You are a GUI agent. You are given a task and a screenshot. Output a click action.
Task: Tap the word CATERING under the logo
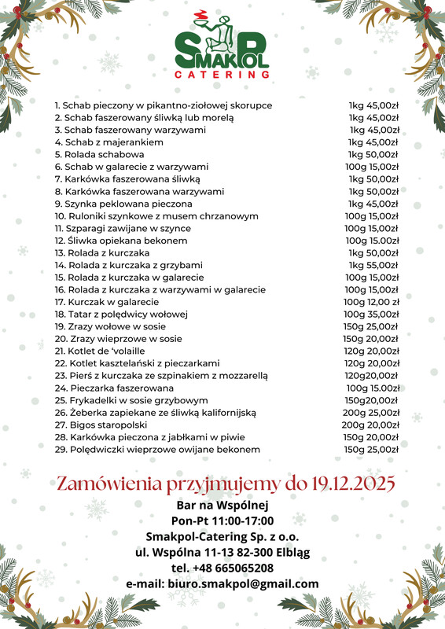click(222, 75)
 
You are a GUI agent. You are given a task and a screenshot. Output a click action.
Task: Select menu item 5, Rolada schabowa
click(99, 155)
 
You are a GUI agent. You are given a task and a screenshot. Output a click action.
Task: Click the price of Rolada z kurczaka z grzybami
click(374, 265)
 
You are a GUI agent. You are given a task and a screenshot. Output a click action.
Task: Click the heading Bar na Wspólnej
click(222, 505)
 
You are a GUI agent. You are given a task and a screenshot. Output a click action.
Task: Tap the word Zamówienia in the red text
click(107, 482)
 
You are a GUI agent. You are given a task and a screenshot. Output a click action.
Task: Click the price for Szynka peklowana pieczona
click(374, 204)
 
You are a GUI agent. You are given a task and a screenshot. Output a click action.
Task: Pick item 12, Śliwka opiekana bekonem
click(121, 241)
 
